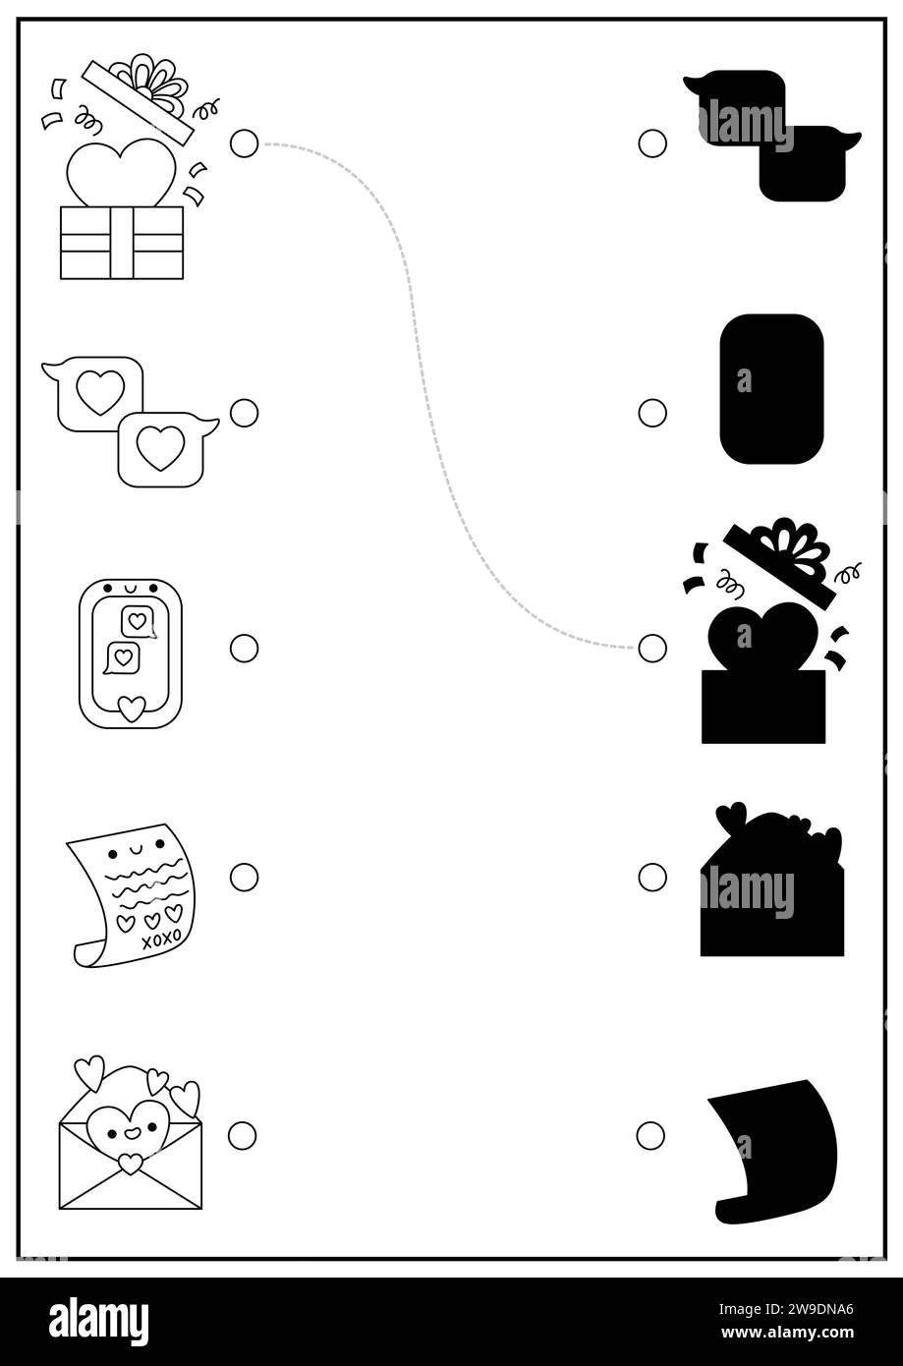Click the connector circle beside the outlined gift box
[x=244, y=143]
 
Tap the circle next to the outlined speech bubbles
[x=244, y=413]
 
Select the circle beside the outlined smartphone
[x=244, y=648]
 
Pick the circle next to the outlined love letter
[x=244, y=877]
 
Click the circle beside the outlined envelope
[x=242, y=1135]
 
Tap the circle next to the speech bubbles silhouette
[x=652, y=143]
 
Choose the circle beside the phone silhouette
[x=652, y=413]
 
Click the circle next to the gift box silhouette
[x=652, y=648]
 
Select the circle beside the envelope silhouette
[x=652, y=877]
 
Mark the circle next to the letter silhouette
[x=650, y=1135]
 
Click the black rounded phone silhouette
[x=772, y=389]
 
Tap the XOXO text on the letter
[x=161, y=939]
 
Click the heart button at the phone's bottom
[x=132, y=709]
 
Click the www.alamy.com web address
[x=787, y=1333]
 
